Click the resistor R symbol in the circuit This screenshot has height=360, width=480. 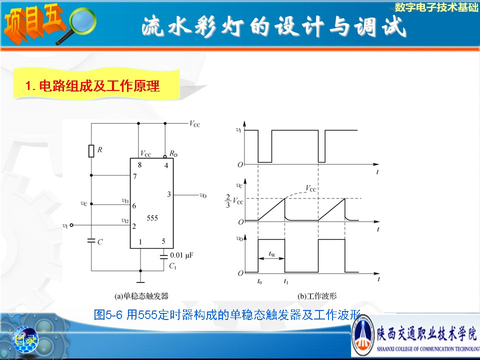pyautogui.click(x=91, y=150)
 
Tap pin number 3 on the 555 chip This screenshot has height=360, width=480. pyautogui.click(x=169, y=194)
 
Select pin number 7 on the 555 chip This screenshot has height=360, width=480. pyautogui.click(x=134, y=176)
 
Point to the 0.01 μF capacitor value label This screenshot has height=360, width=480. pyautogui.click(x=181, y=255)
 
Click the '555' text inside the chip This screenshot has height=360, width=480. pyautogui.click(x=152, y=218)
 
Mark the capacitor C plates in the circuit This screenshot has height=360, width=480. pyautogui.click(x=91, y=241)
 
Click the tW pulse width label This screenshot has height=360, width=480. pyautogui.click(x=271, y=254)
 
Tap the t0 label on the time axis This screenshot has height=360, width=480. pyautogui.click(x=259, y=282)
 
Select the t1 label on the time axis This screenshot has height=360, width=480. pyautogui.click(x=285, y=282)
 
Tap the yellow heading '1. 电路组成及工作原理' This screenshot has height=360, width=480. pyautogui.click(x=92, y=86)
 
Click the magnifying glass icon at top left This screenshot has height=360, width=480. pyautogui.click(x=78, y=24)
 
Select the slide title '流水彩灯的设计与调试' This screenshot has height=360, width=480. pyautogui.click(x=273, y=27)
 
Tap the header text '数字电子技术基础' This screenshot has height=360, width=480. pyautogui.click(x=436, y=7)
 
